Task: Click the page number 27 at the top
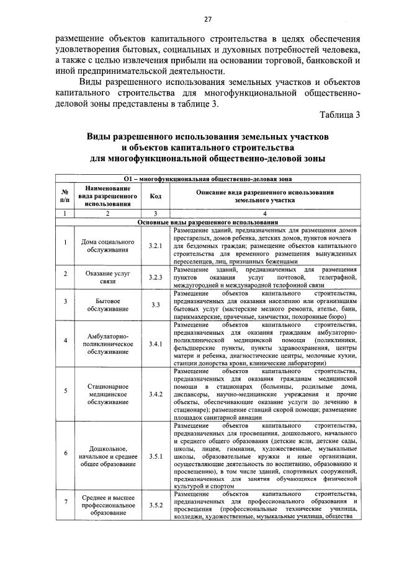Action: (x=199, y=18)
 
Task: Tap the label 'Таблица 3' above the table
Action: (x=340, y=116)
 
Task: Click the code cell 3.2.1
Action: (x=156, y=246)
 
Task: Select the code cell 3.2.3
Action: (x=156, y=276)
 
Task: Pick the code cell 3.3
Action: (x=156, y=304)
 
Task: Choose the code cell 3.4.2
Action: (x=156, y=394)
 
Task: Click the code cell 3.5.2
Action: (x=156, y=505)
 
